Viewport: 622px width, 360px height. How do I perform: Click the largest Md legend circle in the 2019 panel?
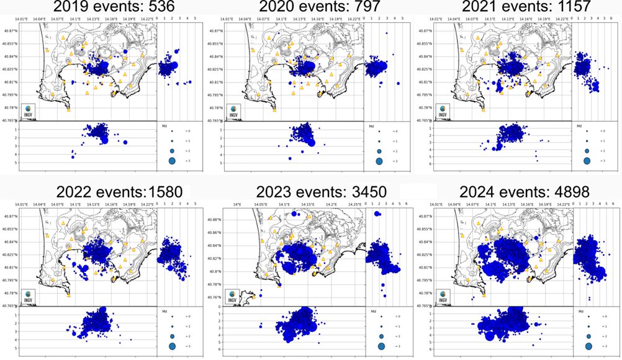(172, 161)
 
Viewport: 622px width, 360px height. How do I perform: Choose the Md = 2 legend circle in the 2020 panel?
(378, 151)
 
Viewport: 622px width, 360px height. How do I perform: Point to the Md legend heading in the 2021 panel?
(579, 126)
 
